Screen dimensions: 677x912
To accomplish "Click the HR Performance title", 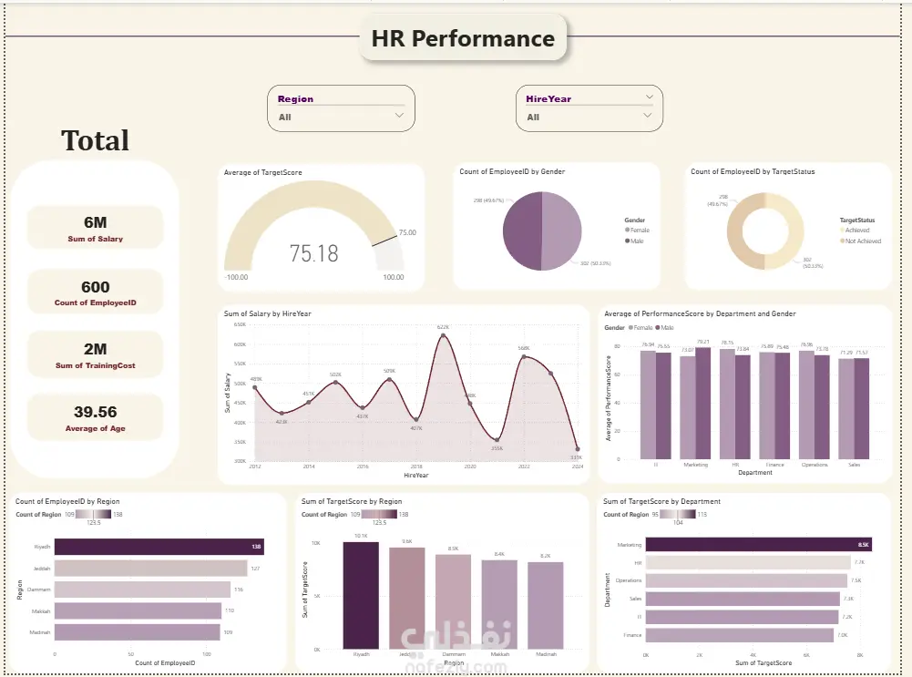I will point(463,39).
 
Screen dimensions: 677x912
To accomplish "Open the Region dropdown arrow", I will point(399,116).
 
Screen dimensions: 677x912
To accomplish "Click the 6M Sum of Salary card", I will point(96,226).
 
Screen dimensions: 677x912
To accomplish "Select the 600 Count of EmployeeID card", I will point(96,292).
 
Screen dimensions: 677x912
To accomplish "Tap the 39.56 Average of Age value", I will point(95,412).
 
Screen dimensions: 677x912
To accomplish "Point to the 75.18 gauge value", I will point(313,253).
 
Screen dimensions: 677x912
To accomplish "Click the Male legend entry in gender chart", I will point(636,241).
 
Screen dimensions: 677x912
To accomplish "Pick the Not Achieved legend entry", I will point(862,241).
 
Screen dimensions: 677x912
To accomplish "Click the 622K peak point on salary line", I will point(443,335).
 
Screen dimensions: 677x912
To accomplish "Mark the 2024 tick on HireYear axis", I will point(576,467).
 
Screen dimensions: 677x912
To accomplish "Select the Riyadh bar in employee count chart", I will point(159,547).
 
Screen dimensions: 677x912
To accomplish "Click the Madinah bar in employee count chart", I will point(137,631).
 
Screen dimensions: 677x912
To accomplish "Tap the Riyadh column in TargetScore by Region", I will point(360,595).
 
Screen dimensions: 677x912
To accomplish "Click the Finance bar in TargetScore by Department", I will point(739,634).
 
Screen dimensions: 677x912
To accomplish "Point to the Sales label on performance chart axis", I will point(853,465).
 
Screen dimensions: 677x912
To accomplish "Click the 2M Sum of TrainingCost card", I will point(96,354).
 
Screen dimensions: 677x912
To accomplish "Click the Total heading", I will point(95,140).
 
